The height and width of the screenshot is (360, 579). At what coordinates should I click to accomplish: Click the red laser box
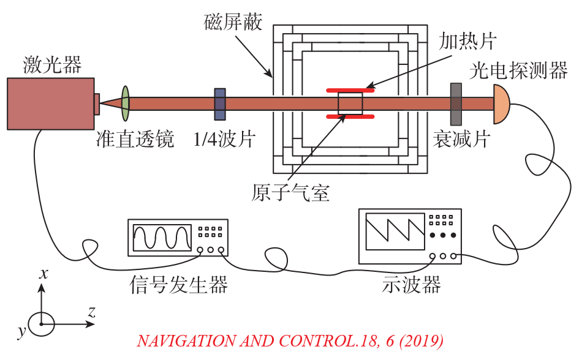50,103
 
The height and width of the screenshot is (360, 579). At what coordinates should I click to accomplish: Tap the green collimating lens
126,103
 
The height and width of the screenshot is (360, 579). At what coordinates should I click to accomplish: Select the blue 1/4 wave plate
219,103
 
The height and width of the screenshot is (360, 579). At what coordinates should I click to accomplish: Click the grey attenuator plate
456,103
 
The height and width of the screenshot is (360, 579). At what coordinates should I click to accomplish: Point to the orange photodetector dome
501,103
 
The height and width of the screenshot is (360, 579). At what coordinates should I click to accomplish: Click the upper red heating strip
350,91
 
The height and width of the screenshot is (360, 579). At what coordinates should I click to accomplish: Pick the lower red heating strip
350,116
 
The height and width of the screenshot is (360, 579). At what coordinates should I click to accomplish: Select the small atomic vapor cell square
350,103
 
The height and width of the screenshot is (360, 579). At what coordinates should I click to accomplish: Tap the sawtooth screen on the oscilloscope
395,231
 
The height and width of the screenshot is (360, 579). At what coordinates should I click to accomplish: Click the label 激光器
52,64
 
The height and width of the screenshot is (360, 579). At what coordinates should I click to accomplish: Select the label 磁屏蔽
232,23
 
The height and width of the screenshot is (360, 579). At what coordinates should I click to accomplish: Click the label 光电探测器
518,70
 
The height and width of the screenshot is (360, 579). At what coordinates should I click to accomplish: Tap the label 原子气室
290,193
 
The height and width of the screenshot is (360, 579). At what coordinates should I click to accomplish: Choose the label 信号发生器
179,284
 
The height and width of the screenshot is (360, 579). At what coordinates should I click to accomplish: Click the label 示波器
411,284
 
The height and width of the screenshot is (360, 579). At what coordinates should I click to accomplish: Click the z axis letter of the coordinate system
91,312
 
